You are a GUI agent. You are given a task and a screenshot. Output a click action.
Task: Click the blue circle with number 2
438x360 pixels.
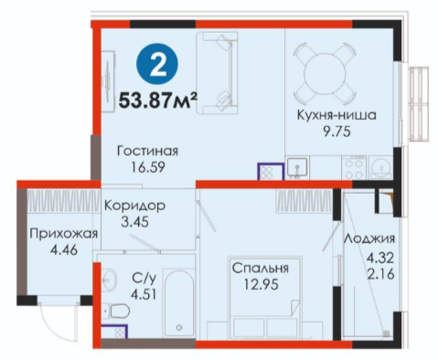point(157,64)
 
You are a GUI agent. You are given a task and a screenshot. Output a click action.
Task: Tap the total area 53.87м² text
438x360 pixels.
point(158,101)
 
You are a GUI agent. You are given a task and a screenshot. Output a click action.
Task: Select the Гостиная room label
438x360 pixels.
point(147,152)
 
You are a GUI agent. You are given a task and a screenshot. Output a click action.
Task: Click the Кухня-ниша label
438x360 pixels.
point(337,115)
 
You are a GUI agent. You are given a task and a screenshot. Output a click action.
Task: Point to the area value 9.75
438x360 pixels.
point(337,132)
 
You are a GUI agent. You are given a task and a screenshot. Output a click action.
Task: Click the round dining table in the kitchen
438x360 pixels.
point(325,73)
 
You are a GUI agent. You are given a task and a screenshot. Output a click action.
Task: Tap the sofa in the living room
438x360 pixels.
point(217,73)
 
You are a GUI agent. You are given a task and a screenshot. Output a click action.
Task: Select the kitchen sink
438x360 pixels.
point(297,167)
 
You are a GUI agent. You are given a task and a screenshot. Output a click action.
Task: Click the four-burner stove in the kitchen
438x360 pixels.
point(354,167)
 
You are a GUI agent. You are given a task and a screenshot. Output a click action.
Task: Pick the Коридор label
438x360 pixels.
point(134,206)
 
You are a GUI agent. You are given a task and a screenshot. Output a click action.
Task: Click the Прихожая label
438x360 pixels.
point(64,234)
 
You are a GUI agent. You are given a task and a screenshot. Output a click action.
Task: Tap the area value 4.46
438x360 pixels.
point(64,250)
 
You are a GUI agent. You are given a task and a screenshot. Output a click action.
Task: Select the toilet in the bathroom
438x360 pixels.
point(116,311)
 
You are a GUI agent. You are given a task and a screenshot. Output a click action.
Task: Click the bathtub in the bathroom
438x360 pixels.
point(179,302)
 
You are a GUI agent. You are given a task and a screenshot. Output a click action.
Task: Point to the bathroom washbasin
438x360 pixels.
point(108,280)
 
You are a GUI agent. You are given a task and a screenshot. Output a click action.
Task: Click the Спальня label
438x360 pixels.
point(261,269)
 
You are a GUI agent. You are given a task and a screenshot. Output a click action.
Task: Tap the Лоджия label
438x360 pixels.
point(369,238)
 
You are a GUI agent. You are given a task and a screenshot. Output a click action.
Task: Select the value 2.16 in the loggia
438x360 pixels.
point(380,274)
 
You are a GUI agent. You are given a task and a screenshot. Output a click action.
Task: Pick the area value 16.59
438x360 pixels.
point(148,167)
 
